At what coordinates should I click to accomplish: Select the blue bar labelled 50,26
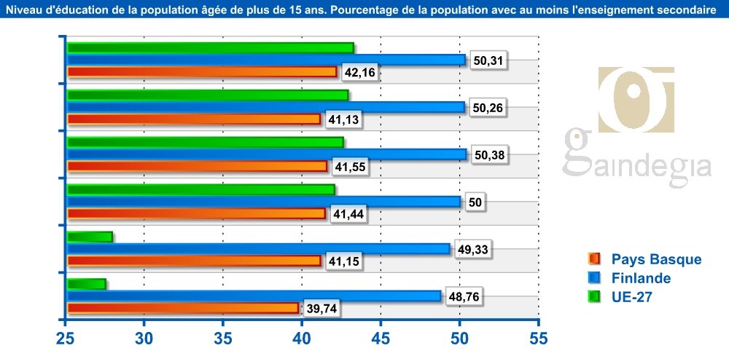(x=266, y=107)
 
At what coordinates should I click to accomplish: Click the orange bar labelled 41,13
(x=193, y=119)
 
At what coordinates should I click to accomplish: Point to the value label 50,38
(x=489, y=154)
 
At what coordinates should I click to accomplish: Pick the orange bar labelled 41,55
(x=197, y=166)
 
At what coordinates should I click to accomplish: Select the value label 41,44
(x=347, y=213)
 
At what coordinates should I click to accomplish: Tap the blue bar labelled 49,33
(x=259, y=249)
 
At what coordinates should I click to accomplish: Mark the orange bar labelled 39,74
(x=182, y=308)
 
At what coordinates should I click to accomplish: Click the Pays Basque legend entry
(x=645, y=259)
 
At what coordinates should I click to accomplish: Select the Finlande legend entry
(x=631, y=277)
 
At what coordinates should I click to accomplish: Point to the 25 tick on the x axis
(x=66, y=339)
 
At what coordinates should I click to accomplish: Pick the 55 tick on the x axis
(x=538, y=339)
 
